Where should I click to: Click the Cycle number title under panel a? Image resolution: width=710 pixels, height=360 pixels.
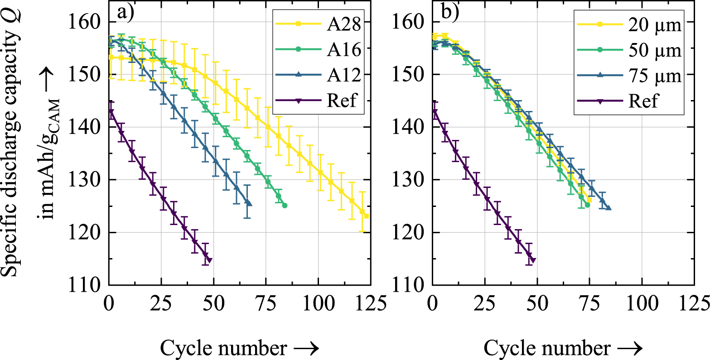(x=240, y=348)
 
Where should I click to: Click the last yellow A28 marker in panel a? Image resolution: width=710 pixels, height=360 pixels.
(x=366, y=216)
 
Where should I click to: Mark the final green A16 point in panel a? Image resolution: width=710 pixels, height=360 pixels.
(x=285, y=205)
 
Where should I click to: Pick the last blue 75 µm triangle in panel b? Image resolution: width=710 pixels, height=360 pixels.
(x=609, y=208)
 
